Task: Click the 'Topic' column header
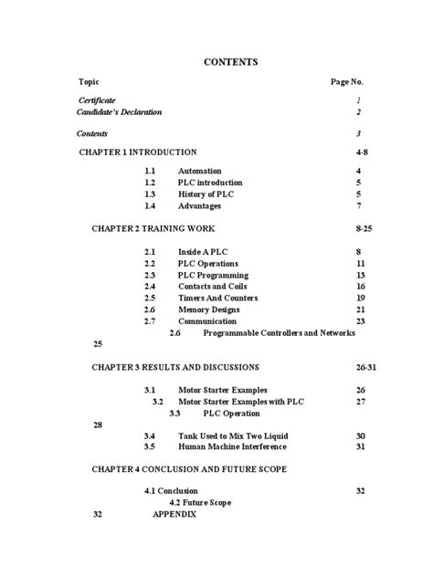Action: tap(89, 81)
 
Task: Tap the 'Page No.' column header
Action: tap(347, 81)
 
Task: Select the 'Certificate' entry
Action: tap(97, 100)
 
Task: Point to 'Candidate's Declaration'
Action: tap(119, 112)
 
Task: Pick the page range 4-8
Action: tap(363, 152)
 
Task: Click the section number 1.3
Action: tap(151, 194)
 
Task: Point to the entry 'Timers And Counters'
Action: tap(217, 298)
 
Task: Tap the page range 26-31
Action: tap(365, 367)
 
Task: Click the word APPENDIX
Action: tap(174, 513)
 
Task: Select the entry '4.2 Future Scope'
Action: tap(200, 502)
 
